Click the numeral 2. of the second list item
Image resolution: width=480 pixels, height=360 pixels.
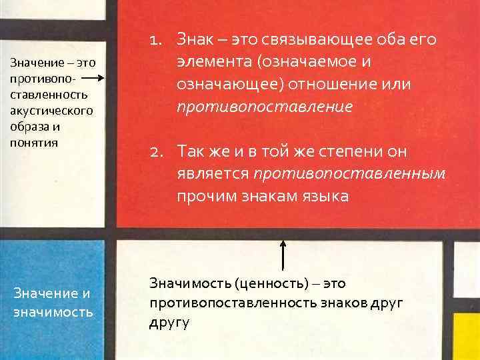click(x=159, y=153)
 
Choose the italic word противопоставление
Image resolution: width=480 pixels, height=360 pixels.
click(x=265, y=107)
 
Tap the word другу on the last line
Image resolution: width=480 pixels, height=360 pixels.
click(x=170, y=323)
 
